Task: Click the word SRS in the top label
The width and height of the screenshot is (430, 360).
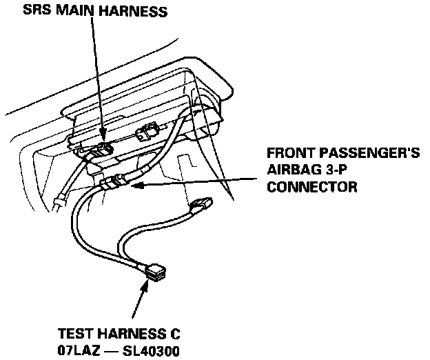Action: point(35,10)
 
